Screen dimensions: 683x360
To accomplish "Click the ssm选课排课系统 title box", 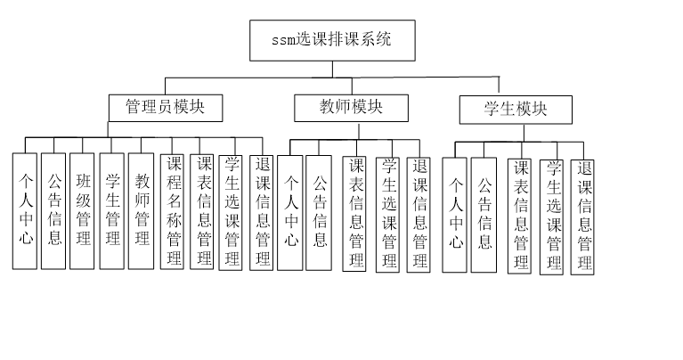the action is coord(331,40).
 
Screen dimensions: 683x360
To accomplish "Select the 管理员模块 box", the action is coord(166,108).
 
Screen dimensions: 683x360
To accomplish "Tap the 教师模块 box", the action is coord(351,108).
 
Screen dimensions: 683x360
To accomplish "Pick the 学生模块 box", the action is coord(516,110).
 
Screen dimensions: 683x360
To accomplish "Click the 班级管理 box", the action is coord(82,211).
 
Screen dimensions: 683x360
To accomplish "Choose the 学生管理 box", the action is coord(111,211).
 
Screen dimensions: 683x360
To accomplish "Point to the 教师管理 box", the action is coord(142,211).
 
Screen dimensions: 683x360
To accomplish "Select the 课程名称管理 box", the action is coord(174,211).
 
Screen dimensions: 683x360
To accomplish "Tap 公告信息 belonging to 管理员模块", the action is coord(53,211).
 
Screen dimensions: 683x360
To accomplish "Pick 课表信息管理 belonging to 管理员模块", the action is coord(203,211).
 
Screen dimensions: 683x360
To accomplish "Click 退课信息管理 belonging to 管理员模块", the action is coord(262,211).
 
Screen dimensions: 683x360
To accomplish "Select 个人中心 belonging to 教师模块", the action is coord(290,211).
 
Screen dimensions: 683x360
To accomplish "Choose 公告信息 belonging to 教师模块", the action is coord(319,211).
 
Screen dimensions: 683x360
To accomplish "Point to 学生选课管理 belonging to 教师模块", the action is coord(388,214).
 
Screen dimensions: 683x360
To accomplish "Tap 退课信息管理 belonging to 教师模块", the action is coord(419,214).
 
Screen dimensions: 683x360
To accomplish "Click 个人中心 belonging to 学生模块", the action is coord(455,215).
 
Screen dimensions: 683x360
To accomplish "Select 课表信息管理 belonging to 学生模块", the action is coord(521,215).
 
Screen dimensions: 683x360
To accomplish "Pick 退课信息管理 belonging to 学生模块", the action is coord(583,216).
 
